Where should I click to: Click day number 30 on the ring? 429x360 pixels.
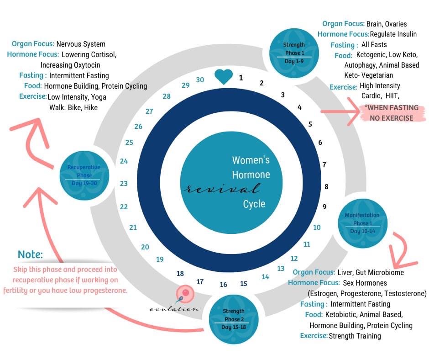pos(200,79)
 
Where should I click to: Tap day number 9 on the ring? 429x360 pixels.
pos(324,206)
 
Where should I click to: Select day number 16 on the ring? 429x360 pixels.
pos(223,285)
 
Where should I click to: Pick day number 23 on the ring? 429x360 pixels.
pos(124,183)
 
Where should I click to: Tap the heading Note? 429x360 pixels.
pos(30,254)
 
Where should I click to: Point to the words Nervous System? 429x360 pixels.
pos(81,44)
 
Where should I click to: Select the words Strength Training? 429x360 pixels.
pos(355,336)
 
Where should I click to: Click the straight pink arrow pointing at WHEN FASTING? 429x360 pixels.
pos(340,111)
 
